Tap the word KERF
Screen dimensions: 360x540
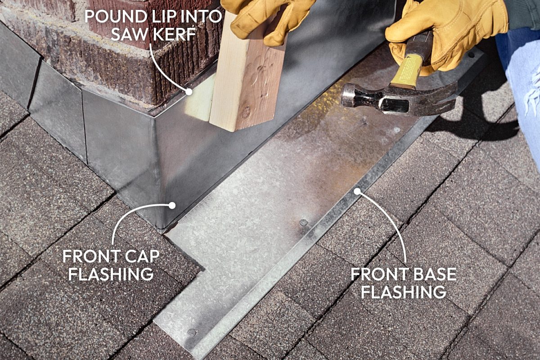(175, 34)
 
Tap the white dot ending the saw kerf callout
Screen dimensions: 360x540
(189, 91)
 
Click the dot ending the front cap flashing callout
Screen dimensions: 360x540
(171, 205)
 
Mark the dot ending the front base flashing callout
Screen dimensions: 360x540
(357, 191)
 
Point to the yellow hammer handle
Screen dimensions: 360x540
(408, 70)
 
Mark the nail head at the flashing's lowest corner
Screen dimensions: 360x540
(192, 333)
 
